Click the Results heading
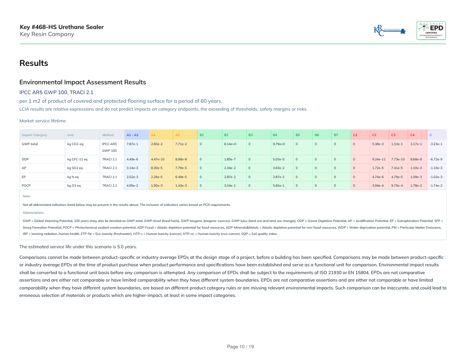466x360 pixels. [34, 63]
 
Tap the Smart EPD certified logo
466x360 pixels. [431, 30]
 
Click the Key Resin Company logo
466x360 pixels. [390, 30]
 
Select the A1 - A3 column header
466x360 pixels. [132, 135]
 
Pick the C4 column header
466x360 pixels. [412, 135]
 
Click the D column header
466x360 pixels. [431, 135]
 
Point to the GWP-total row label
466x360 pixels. [30, 144]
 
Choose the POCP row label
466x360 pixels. [26, 185]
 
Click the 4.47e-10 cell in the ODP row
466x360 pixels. [158, 159]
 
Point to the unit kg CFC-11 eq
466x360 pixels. [77, 159]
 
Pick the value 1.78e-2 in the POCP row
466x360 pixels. [416, 185]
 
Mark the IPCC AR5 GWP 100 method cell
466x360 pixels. [109, 147]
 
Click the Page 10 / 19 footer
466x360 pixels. [240, 347]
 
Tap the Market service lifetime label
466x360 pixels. [43, 121]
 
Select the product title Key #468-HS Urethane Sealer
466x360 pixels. [62, 27]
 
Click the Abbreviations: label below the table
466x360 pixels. [33, 212]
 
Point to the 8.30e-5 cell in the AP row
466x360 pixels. [157, 168]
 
